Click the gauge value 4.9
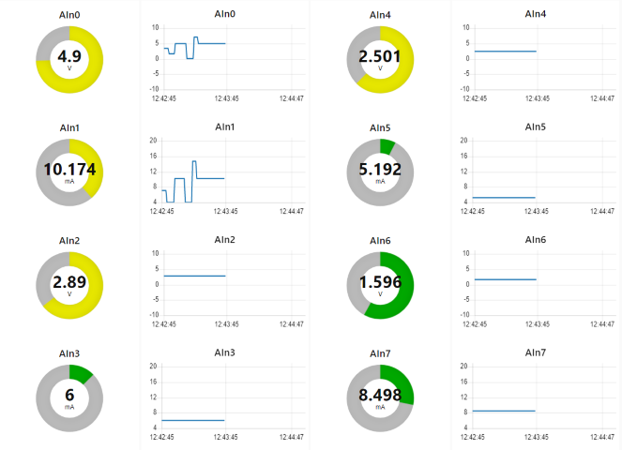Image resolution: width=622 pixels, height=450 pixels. click(x=69, y=56)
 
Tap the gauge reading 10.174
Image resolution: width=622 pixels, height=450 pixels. click(x=69, y=169)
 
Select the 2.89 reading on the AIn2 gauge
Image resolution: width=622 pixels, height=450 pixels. click(x=69, y=281)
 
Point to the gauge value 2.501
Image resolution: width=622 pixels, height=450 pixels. click(x=380, y=56)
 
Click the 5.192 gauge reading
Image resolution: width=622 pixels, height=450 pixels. click(x=380, y=169)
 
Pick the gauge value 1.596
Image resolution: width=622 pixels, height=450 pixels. click(x=380, y=281)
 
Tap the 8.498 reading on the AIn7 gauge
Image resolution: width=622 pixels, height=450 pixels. click(x=380, y=395)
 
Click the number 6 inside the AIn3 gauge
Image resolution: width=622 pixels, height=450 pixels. click(x=69, y=395)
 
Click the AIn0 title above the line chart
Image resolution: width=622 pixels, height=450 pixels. click(x=225, y=14)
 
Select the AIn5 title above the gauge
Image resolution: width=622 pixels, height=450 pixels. click(x=380, y=127)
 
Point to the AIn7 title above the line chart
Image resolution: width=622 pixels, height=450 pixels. click(x=536, y=352)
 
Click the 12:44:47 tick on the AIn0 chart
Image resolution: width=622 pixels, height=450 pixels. click(x=292, y=97)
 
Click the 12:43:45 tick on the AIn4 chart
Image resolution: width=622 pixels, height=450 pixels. click(x=537, y=97)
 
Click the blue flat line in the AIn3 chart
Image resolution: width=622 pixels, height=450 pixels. click(x=194, y=420)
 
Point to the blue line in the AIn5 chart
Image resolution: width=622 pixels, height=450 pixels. click(x=505, y=198)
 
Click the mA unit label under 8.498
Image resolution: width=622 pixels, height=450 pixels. click(x=380, y=408)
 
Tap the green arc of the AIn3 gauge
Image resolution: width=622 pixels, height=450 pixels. click(x=82, y=373)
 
